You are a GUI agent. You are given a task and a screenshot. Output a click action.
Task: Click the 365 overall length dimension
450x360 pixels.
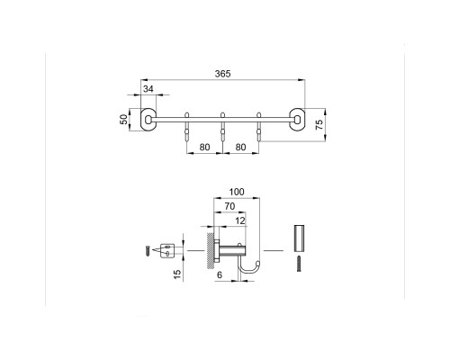click(220, 75)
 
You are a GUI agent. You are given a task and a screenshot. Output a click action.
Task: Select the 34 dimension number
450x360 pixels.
click(150, 88)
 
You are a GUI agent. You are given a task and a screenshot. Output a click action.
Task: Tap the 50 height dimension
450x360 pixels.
click(125, 120)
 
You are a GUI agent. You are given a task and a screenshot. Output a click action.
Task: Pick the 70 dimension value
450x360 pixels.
click(229, 205)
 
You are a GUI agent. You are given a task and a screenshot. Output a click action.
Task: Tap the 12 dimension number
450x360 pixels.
click(241, 220)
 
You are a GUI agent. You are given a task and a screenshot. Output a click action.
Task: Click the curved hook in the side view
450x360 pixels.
click(249, 266)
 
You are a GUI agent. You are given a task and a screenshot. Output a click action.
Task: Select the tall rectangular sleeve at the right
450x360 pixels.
click(300, 238)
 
